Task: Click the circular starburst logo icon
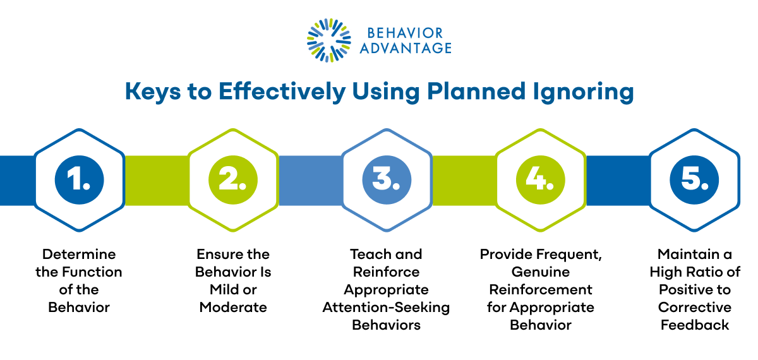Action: pyautogui.click(x=329, y=40)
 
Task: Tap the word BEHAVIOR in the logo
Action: pyautogui.click(x=405, y=33)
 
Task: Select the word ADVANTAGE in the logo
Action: pyautogui.click(x=406, y=48)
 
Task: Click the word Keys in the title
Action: pyautogui.click(x=153, y=92)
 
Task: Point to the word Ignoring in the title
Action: pyautogui.click(x=583, y=92)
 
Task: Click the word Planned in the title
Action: pyautogui.click(x=476, y=91)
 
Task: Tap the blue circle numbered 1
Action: pyautogui.click(x=79, y=179)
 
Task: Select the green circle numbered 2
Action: pyautogui.click(x=233, y=179)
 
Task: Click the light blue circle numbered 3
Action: pyautogui.click(x=387, y=179)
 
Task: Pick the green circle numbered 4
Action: pyautogui.click(x=541, y=179)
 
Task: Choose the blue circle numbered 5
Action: pyautogui.click(x=694, y=179)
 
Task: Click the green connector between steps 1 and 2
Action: pyautogui.click(x=157, y=181)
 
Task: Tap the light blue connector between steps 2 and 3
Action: pyautogui.click(x=310, y=181)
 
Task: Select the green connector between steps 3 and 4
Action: pyautogui.click(x=464, y=181)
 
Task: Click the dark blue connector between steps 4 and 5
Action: pyautogui.click(x=618, y=181)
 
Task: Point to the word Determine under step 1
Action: pyautogui.click(x=79, y=254)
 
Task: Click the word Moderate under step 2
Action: pyautogui.click(x=233, y=307)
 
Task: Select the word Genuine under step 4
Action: pyautogui.click(x=541, y=272)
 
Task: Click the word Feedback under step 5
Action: pyautogui.click(x=695, y=325)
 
